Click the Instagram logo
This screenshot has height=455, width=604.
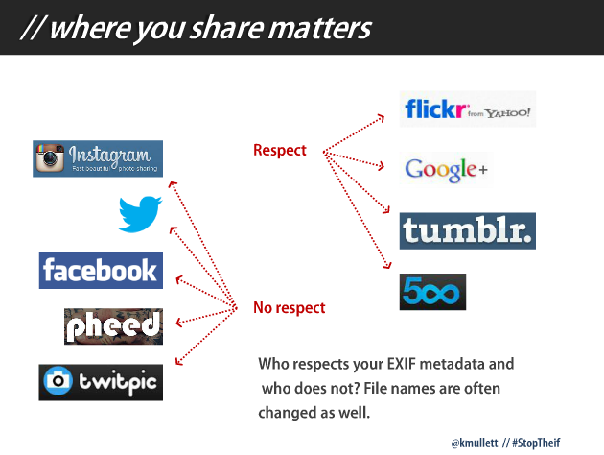coord(98,158)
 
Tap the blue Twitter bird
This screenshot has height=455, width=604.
coord(140,214)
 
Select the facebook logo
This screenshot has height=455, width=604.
coord(101,271)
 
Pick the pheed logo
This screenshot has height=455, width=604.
coord(114,326)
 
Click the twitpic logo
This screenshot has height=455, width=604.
coord(101,382)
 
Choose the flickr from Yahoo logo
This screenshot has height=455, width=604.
coord(468,108)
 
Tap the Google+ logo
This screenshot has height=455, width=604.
coord(446,169)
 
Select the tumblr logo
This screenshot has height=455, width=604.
coord(468,230)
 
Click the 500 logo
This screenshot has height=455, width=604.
coord(432,292)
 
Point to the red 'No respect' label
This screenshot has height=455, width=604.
coord(290,308)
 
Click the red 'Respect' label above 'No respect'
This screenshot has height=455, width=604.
coord(280,150)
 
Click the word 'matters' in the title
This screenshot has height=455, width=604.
coord(319,28)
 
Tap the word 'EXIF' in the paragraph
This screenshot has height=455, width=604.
coord(401,364)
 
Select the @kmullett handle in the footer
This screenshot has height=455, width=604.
coord(475,443)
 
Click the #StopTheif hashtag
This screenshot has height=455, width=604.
coord(536,443)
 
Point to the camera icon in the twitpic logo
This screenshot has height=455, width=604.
coord(58,381)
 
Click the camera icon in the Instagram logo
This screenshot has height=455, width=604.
coord(50,157)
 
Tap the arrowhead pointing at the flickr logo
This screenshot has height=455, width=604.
coord(381,118)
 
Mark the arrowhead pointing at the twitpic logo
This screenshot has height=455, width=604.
coord(179,361)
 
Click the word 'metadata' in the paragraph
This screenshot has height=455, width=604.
coord(452,364)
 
